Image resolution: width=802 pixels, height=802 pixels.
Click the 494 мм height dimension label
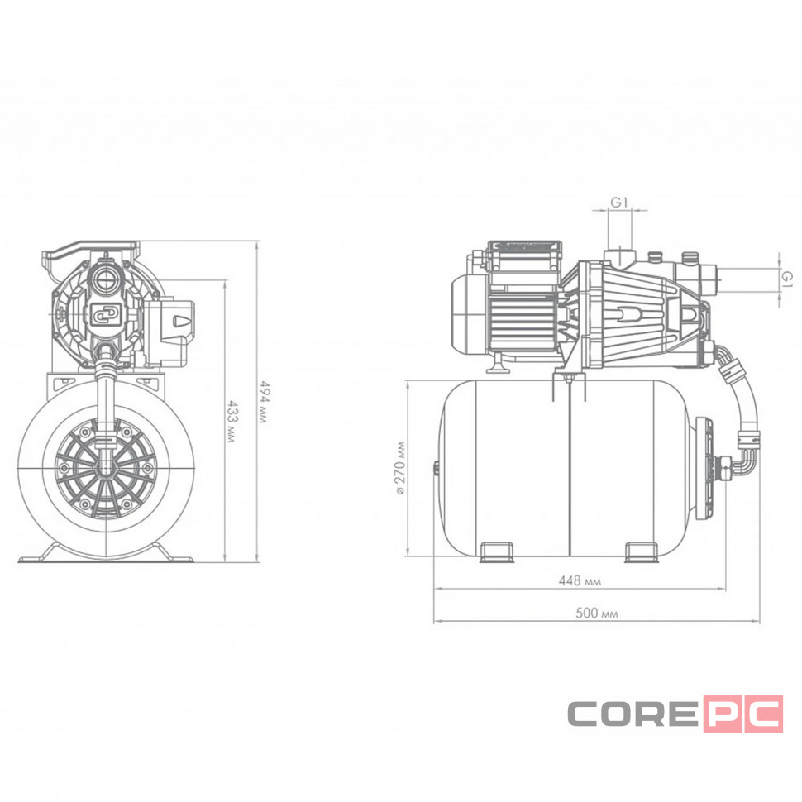(x=265, y=402)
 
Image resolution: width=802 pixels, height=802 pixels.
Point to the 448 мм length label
(x=580, y=580)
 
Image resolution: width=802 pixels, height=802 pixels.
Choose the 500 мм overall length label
(x=596, y=613)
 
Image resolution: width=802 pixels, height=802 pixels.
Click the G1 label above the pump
(x=619, y=203)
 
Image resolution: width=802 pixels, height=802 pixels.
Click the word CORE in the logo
(x=633, y=714)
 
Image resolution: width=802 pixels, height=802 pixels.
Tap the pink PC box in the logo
(x=743, y=714)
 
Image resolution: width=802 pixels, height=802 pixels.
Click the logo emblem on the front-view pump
(x=107, y=313)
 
